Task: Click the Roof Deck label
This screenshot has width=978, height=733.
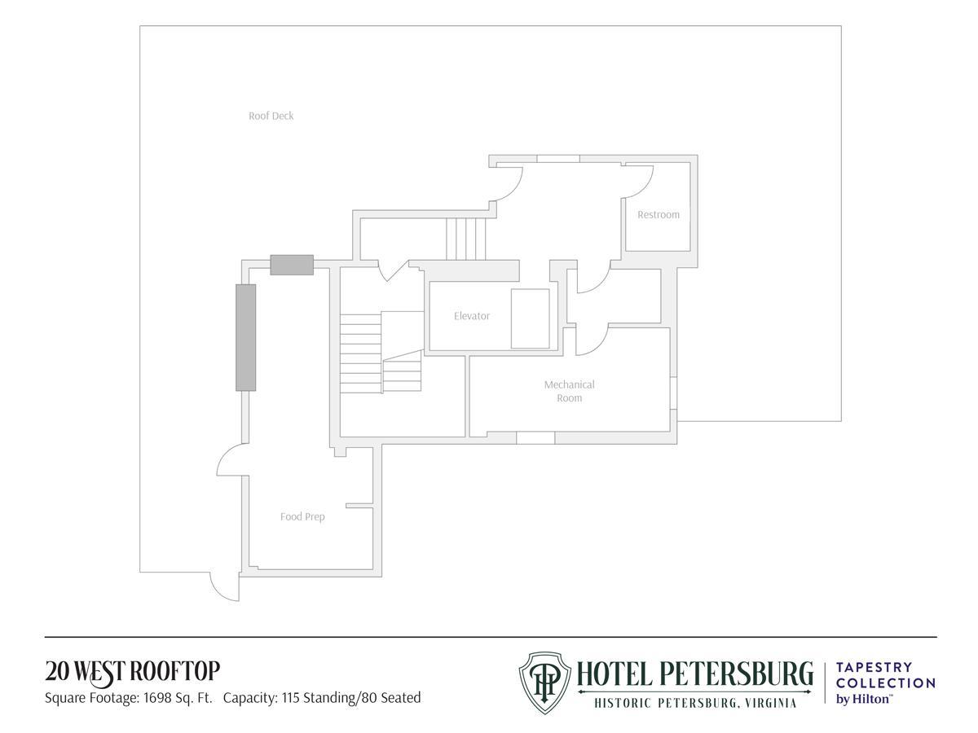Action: pyautogui.click(x=271, y=116)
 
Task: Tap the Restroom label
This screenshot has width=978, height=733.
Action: pyautogui.click(x=658, y=214)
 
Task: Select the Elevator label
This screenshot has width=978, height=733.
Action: pyautogui.click(x=471, y=316)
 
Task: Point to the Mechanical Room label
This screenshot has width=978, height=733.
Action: pyautogui.click(x=569, y=391)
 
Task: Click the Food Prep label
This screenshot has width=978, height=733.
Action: pyautogui.click(x=302, y=516)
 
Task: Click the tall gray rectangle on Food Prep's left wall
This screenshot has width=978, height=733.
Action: pyautogui.click(x=245, y=337)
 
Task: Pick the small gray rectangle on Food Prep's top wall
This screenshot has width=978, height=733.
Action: pyautogui.click(x=292, y=265)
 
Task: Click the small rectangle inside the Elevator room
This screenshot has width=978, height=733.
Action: pyautogui.click(x=530, y=318)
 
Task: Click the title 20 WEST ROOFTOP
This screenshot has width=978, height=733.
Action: pyautogui.click(x=132, y=672)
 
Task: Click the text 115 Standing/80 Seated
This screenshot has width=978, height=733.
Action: pyautogui.click(x=351, y=698)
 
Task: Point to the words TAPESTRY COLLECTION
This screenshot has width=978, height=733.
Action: pyautogui.click(x=885, y=674)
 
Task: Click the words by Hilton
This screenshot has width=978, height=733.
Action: pyautogui.click(x=863, y=699)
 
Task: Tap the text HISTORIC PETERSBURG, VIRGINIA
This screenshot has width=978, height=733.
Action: pyautogui.click(x=695, y=703)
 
